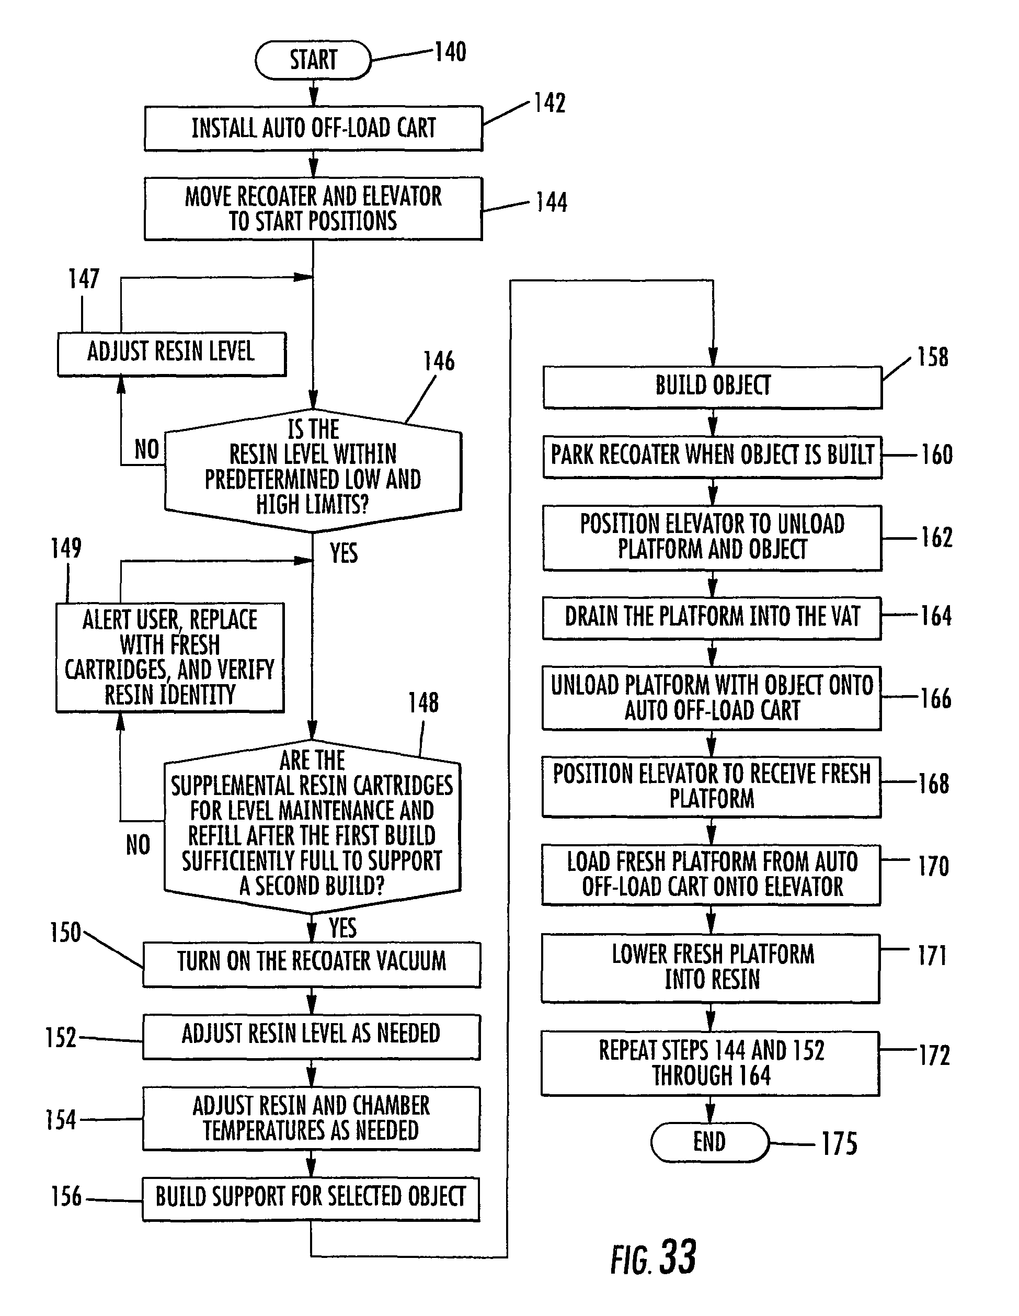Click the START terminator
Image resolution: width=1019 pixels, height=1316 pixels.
313,60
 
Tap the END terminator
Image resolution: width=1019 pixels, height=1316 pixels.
709,1142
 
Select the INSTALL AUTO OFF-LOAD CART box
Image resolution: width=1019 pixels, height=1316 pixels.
313,128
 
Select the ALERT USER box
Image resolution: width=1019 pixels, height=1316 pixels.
170,657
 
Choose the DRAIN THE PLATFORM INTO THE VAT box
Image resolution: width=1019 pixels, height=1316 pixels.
712,618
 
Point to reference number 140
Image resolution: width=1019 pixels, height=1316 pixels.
451,52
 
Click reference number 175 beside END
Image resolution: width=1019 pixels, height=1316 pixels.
840,1144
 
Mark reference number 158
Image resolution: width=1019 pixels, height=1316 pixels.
932,357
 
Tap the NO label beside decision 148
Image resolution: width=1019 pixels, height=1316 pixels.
138,845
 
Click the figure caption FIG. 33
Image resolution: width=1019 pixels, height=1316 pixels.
654,1258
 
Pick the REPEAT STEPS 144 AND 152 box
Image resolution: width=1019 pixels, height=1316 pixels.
710,1063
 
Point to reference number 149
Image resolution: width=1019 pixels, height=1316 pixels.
66,549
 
